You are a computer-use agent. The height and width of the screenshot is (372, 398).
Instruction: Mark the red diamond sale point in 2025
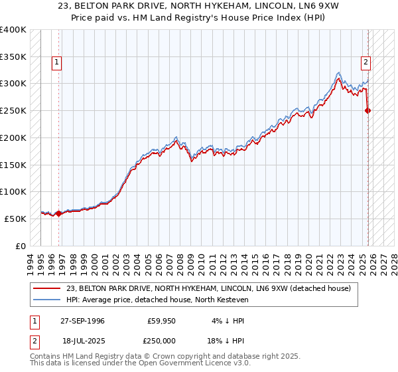click(368, 111)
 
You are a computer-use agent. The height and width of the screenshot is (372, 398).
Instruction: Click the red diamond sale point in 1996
click(59, 213)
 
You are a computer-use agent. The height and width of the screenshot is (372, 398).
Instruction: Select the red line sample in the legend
click(48, 288)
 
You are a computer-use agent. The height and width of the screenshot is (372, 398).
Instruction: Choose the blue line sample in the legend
click(48, 300)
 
